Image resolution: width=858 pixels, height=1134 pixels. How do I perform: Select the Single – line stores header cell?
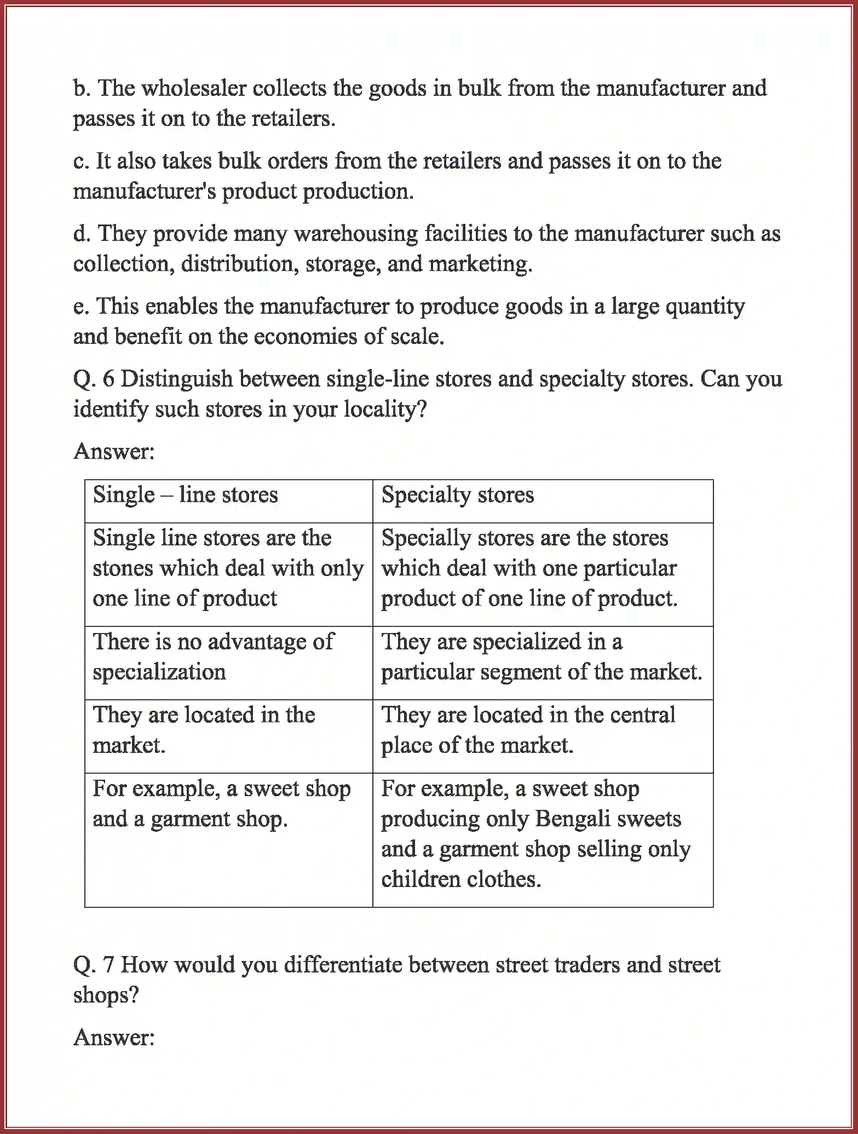click(228, 500)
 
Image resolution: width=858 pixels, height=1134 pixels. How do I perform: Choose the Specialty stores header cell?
click(542, 500)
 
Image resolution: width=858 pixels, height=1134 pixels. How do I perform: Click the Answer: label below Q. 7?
click(114, 1037)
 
